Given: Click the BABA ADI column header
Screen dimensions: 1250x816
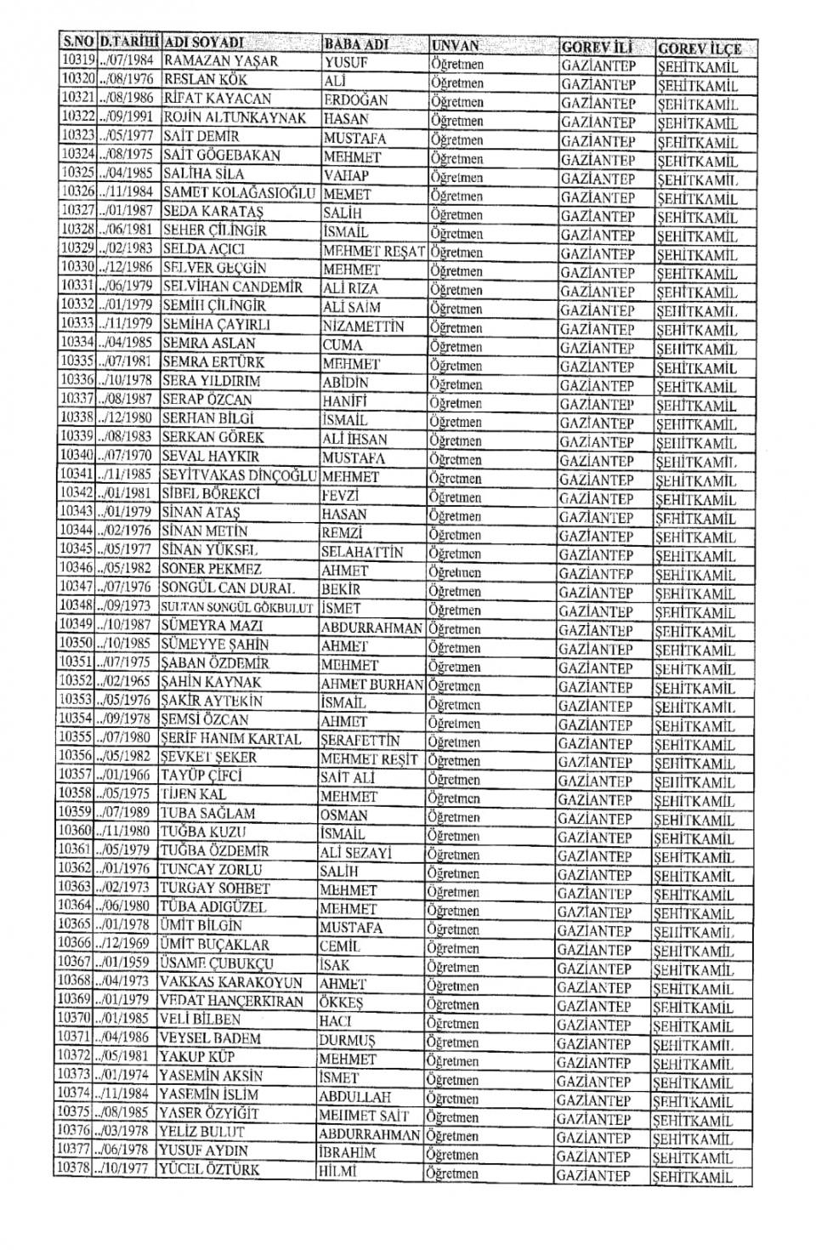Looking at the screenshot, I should coord(357,44).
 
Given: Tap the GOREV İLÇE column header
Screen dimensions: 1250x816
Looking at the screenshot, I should coord(699,48).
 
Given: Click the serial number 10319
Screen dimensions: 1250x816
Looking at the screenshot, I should coord(78,60).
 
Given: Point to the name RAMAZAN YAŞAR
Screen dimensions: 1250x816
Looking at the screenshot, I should coord(220,61).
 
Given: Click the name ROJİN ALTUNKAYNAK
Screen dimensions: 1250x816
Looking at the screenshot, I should coord(234,117).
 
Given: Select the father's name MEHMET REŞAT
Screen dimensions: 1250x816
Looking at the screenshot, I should coord(375,253).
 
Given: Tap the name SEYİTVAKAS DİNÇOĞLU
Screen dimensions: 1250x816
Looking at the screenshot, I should coord(239,475).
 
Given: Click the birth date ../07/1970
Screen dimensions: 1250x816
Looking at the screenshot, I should coord(128,456).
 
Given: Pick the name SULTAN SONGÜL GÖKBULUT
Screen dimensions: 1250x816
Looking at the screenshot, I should coord(237,608).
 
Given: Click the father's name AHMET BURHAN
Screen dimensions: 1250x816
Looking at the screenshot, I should coord(371,685).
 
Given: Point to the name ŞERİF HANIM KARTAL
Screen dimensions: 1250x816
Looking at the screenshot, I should coord(231,739).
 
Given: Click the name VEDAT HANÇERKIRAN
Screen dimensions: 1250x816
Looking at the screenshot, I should coord(232,1001).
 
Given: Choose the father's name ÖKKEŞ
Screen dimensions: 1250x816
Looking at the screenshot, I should coord(341,1003).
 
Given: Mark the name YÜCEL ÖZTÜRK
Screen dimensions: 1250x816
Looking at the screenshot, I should coord(209,1169).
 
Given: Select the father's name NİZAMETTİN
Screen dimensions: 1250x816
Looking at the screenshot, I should coord(363,327).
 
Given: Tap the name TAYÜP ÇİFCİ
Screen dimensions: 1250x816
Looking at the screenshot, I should coord(201,776).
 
